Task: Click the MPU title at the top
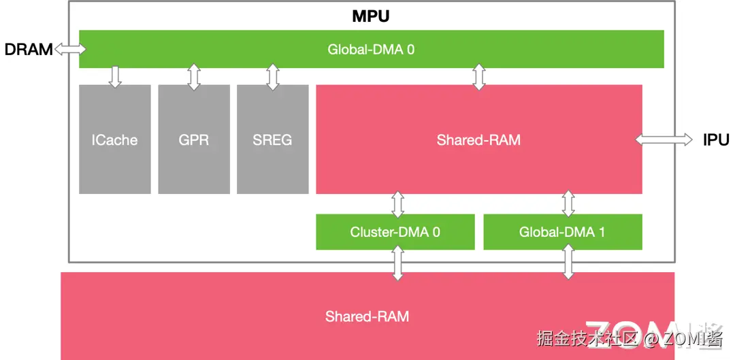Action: [371, 16]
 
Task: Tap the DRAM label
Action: [28, 49]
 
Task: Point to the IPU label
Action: [716, 140]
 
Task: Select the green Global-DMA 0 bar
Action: [371, 49]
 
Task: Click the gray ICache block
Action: [114, 140]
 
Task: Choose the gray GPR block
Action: [194, 140]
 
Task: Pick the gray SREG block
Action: [272, 140]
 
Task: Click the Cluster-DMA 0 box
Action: [395, 232]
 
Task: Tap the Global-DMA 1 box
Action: [562, 232]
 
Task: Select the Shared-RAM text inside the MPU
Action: [478, 140]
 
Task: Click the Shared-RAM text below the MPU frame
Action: [367, 316]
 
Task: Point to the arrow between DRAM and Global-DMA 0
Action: [70, 49]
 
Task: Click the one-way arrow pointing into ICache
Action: [114, 77]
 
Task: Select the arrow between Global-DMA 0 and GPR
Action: [194, 77]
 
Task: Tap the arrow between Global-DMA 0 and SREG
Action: [273, 77]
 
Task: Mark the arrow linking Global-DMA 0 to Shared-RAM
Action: [479, 77]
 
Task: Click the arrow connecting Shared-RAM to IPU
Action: [664, 140]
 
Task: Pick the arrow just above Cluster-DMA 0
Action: [398, 204]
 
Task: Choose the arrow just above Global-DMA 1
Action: [568, 204]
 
